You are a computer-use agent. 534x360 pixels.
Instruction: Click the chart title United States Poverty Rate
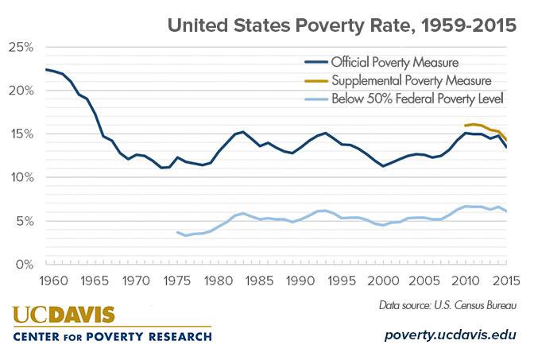342,25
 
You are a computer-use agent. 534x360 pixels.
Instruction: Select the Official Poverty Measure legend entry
394,61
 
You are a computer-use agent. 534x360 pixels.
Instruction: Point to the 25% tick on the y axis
20,48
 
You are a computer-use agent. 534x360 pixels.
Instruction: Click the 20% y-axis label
20,91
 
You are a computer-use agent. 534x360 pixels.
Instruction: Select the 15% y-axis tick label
20,134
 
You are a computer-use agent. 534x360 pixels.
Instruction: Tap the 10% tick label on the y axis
20,177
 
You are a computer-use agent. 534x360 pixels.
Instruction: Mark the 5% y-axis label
23,221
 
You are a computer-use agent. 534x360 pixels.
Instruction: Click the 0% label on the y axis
23,264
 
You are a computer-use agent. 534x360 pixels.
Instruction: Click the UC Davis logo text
64,315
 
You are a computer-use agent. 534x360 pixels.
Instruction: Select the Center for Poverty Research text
112,337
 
